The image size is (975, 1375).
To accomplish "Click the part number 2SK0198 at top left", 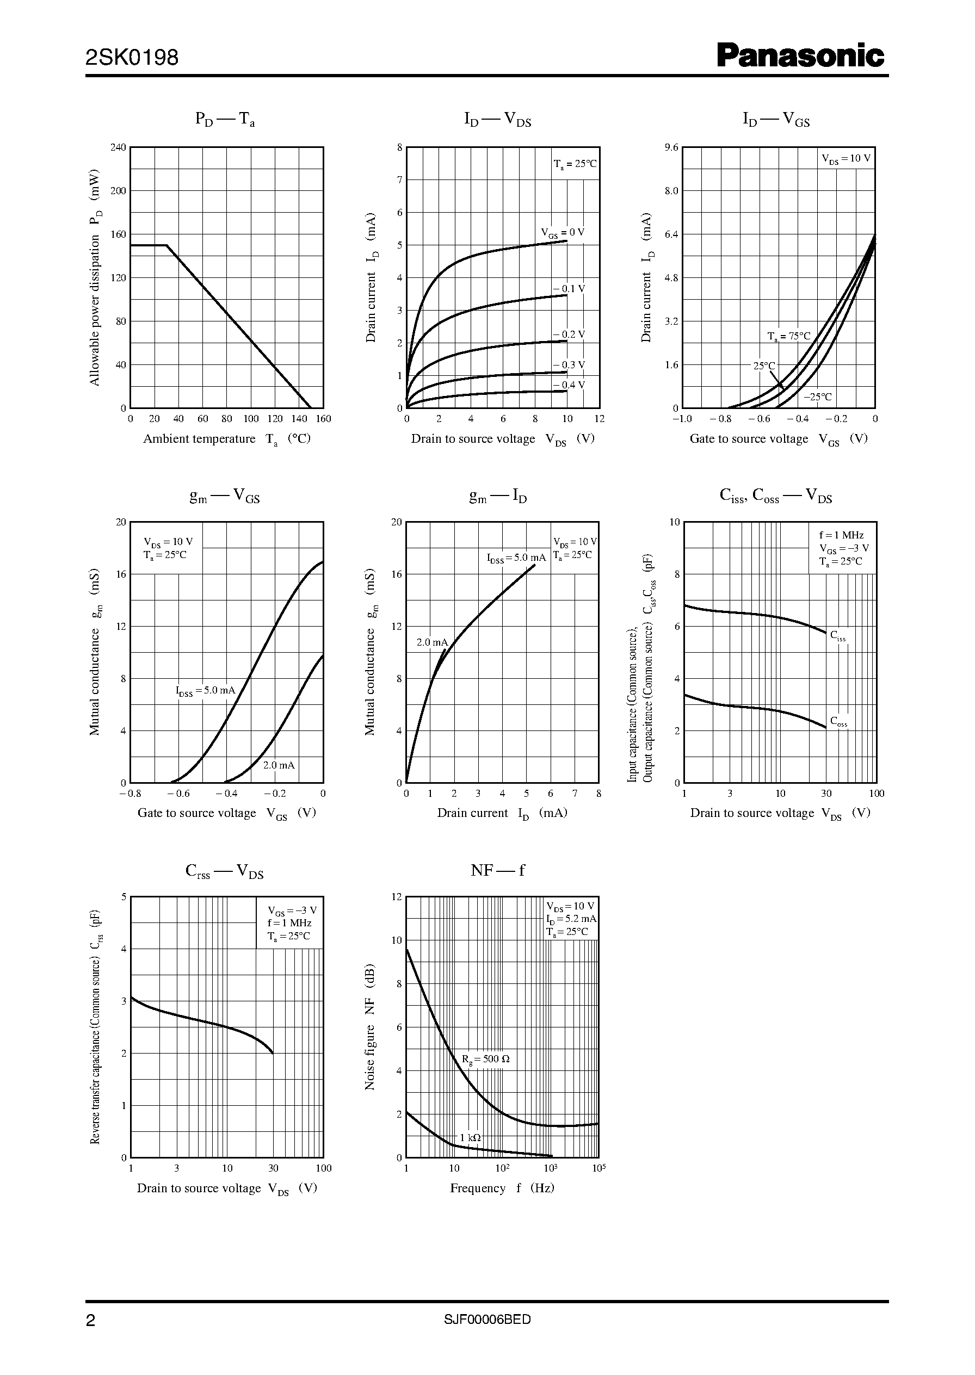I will [x=132, y=58].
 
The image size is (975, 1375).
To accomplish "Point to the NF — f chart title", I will [x=498, y=870].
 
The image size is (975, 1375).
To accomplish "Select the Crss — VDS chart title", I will [x=225, y=871].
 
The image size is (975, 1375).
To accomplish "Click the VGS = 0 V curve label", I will [x=563, y=233].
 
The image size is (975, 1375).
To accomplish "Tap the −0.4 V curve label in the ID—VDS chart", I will [x=569, y=385].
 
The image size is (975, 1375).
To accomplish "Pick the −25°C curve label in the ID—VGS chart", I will [x=818, y=397].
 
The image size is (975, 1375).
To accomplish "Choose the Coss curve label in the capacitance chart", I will [x=838, y=721].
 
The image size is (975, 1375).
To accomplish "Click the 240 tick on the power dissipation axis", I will [x=118, y=147].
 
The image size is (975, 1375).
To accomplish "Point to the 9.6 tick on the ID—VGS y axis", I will [x=671, y=147].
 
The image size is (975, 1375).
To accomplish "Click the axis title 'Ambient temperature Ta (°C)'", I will [x=226, y=439].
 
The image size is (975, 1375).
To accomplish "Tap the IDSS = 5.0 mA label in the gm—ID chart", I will [x=516, y=558].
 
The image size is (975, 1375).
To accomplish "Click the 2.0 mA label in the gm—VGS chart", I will [x=279, y=765].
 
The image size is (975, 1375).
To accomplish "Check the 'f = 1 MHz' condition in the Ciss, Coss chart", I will [x=841, y=535].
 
